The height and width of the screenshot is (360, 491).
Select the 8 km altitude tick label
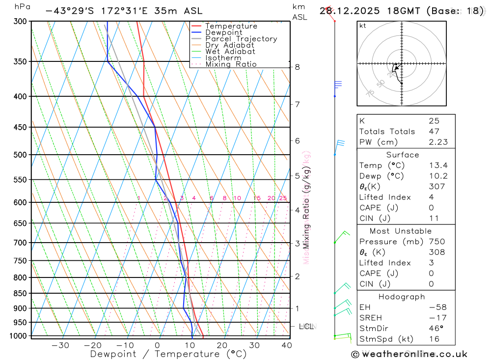pos(298,67)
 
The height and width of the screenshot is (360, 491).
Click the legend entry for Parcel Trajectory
pos(241,39)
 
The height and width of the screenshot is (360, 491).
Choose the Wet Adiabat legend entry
pos(230,52)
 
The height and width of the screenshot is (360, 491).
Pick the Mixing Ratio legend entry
pos(231,64)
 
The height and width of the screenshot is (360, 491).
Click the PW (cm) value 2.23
pos(438,142)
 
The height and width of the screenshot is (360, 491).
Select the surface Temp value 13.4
pos(438,166)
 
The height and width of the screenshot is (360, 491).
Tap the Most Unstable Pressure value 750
pos(436,242)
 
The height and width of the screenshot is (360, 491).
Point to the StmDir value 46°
pos(435,328)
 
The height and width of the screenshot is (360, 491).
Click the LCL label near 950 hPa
pos(306,326)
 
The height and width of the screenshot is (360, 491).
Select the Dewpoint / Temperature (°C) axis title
pos(168,354)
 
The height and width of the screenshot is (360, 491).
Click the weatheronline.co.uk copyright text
pos(409,354)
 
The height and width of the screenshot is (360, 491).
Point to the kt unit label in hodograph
pos(363,26)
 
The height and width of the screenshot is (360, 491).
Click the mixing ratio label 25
pos(283,198)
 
